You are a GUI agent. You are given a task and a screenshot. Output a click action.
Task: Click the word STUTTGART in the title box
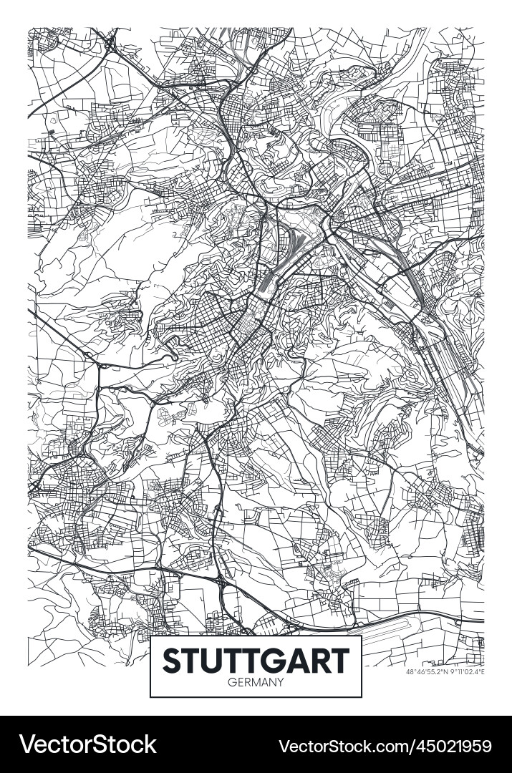(x=256, y=660)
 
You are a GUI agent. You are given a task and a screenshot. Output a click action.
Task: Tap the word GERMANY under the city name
(x=256, y=682)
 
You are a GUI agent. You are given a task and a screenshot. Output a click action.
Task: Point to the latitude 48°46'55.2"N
(x=427, y=672)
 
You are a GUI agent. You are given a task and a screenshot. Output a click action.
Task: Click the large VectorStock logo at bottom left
(x=88, y=744)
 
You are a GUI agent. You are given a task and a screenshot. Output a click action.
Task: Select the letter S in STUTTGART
(x=173, y=660)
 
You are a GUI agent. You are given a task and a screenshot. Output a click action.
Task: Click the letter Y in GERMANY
(x=280, y=682)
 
